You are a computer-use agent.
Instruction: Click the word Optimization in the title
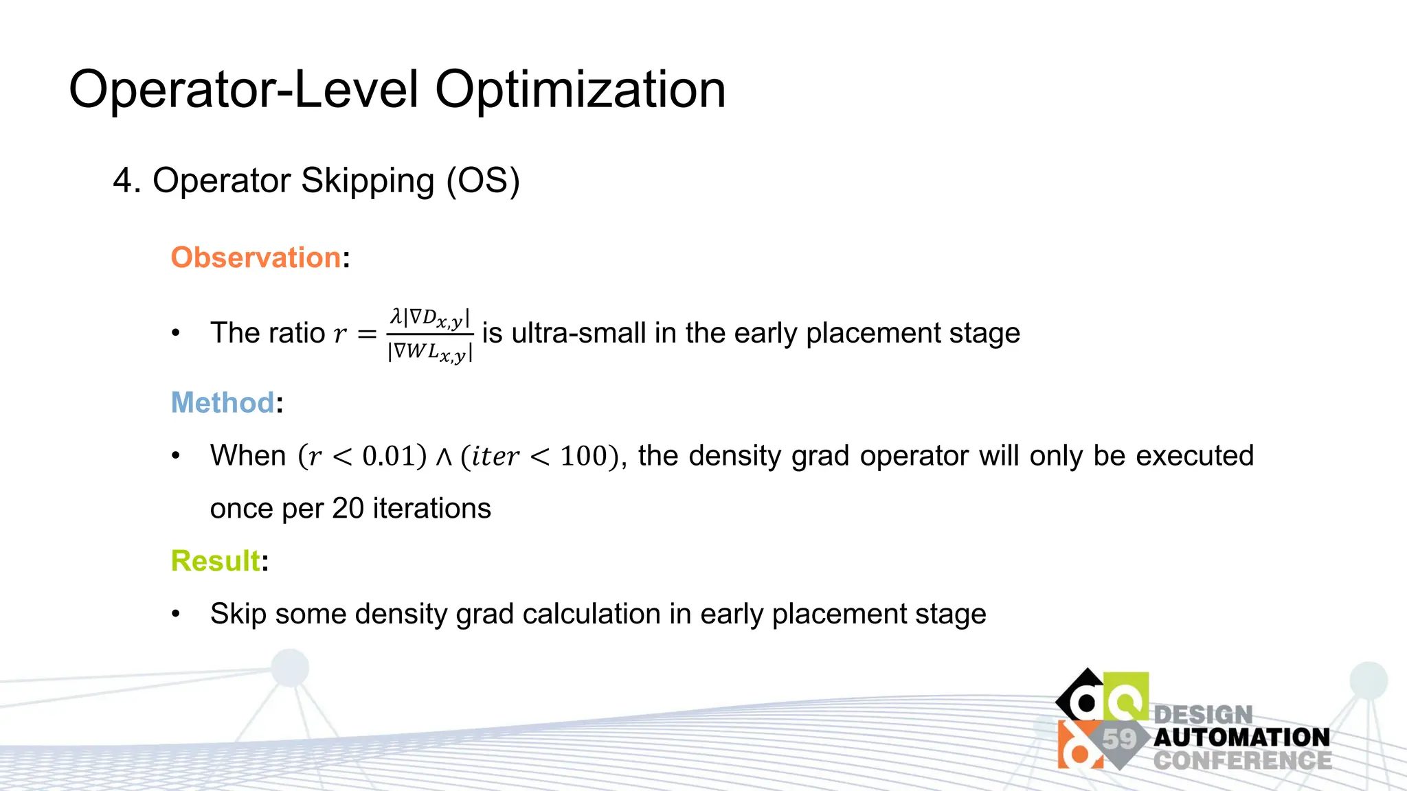pyautogui.click(x=580, y=90)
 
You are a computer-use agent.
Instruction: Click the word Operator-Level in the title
pyautogui.click(x=244, y=90)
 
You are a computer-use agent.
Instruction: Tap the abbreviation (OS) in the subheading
pyautogui.click(x=483, y=181)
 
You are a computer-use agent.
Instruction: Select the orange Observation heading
pyautogui.click(x=256, y=257)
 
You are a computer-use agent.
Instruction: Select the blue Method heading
pyautogui.click(x=223, y=402)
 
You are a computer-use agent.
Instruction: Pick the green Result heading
pyautogui.click(x=215, y=561)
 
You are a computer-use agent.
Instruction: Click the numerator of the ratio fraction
pyautogui.click(x=430, y=318)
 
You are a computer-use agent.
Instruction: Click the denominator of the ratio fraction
pyautogui.click(x=430, y=352)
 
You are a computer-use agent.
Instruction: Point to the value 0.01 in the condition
pyautogui.click(x=389, y=457)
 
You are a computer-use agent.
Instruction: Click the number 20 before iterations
pyautogui.click(x=348, y=509)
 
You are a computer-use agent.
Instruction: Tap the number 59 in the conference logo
pyautogui.click(x=1119, y=739)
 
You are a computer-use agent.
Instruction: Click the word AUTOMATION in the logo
pyautogui.click(x=1241, y=737)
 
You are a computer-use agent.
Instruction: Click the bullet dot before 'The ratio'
pyautogui.click(x=176, y=333)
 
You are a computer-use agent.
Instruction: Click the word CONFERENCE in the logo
pyautogui.click(x=1242, y=761)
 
